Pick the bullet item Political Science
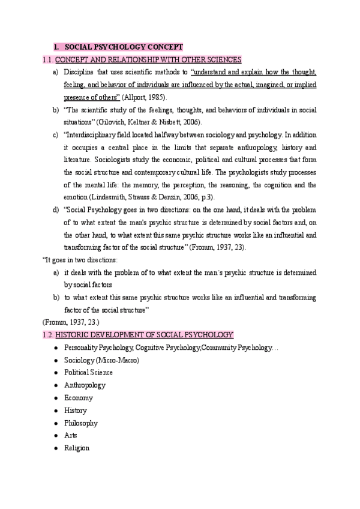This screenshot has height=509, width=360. pyautogui.click(x=88, y=372)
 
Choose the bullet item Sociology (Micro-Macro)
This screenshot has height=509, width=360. pyautogui.click(x=101, y=360)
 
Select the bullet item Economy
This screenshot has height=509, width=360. pyautogui.click(x=78, y=397)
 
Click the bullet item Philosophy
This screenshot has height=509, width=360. pyautogui.click(x=80, y=423)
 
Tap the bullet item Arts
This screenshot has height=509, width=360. pyautogui.click(x=70, y=435)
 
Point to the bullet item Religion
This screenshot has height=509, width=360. pyautogui.click(x=76, y=448)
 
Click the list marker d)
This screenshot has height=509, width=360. pyautogui.click(x=55, y=209)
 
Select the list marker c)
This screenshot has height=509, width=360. pyautogui.click(x=55, y=134)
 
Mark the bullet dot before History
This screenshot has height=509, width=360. pyautogui.click(x=55, y=411)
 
